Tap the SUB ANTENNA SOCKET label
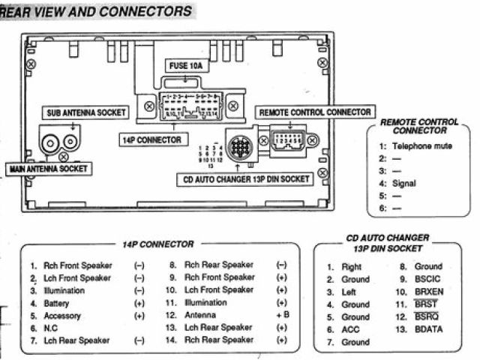pyautogui.click(x=82, y=112)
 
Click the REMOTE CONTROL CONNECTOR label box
pyautogui.click(x=314, y=112)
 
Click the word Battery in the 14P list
pyautogui.click(x=56, y=303)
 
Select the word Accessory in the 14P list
pyautogui.click(x=62, y=316)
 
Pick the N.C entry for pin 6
pyautogui.click(x=51, y=328)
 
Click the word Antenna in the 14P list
pyautogui.click(x=200, y=316)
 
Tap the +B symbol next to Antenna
pyautogui.click(x=282, y=316)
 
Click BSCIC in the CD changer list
pyautogui.click(x=428, y=279)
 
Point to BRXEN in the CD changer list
pyautogui.click(x=430, y=292)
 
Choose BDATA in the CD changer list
pyautogui.click(x=429, y=330)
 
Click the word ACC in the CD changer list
pyautogui.click(x=350, y=330)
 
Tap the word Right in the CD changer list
pyautogui.click(x=352, y=266)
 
